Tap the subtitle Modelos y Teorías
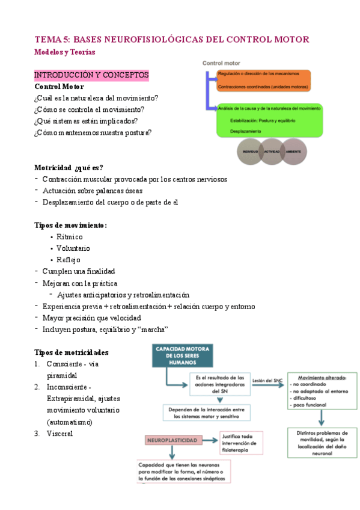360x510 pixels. [64, 52]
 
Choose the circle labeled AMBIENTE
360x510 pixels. [294, 152]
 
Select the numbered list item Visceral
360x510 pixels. [59, 433]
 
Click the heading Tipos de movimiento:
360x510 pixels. [71, 225]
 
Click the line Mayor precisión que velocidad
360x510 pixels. [91, 318]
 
